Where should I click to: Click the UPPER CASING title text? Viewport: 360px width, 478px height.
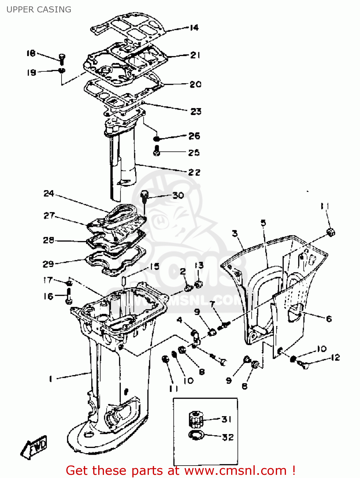point(39,10)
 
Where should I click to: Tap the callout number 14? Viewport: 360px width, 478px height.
point(194,28)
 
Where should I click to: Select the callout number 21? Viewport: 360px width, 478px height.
point(195,55)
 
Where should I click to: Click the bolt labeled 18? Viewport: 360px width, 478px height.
point(62,58)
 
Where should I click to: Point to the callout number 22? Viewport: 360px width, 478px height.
point(194,172)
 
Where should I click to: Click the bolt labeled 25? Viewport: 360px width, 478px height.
point(156,150)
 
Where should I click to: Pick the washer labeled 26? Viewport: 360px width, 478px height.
point(157,139)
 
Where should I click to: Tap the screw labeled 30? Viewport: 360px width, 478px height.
point(145,196)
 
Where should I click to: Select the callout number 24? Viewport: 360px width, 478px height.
point(49,193)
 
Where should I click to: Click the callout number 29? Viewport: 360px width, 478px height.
point(48,264)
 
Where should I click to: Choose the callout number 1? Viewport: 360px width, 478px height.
point(50,379)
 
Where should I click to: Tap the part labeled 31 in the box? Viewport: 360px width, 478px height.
point(196,419)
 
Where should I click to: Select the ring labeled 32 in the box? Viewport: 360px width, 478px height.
point(195,435)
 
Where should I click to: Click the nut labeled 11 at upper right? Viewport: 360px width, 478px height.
point(331,232)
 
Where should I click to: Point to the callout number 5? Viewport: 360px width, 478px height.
point(263,223)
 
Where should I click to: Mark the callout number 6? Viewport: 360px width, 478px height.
point(329,319)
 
